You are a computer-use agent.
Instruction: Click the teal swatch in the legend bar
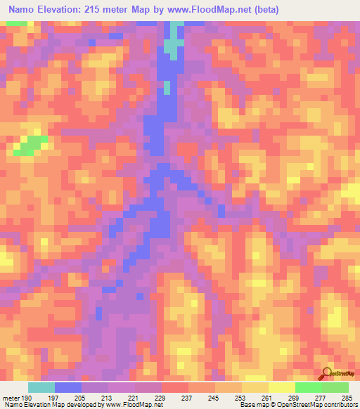coord(41,387)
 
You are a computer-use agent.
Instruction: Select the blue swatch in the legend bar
coord(68,387)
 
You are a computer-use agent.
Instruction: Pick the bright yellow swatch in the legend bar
coord(282,387)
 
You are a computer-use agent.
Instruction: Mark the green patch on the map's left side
coord(27,145)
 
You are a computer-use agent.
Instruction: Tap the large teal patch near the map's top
coord(171,46)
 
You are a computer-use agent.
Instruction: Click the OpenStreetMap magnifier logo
coord(325,374)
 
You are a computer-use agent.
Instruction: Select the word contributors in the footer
coord(339,405)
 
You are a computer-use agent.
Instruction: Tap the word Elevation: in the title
coord(58,10)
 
